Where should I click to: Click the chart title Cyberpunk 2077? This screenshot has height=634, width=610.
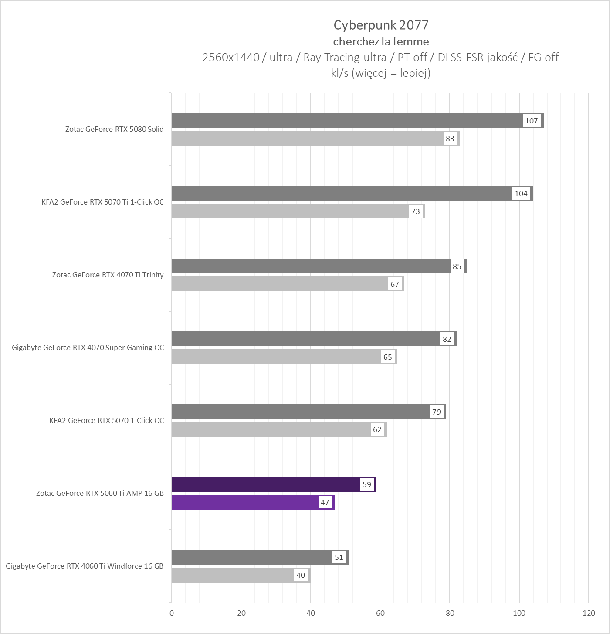pos(381,25)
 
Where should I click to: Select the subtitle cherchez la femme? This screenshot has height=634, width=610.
pos(381,41)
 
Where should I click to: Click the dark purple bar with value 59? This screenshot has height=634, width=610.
pos(266,484)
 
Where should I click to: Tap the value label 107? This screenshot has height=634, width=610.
pos(532,121)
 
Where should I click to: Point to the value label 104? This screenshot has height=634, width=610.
pos(521,194)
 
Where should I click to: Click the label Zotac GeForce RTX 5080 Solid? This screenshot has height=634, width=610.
pos(114,129)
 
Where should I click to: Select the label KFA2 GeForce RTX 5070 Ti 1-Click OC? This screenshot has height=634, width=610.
pos(102,202)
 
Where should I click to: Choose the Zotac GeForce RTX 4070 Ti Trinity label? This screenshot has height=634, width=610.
pos(108,275)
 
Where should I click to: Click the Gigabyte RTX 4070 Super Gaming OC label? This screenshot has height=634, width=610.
pos(88,348)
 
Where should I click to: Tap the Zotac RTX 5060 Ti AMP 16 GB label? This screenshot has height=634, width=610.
pos(100,493)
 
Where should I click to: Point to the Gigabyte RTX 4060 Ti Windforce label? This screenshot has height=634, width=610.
pos(85,566)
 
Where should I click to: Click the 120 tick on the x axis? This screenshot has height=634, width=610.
pos(589,613)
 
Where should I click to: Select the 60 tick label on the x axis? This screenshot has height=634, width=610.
pos(380,613)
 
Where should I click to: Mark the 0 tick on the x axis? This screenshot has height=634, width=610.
pos(172,613)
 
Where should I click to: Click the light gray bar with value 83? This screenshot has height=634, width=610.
pos(305,139)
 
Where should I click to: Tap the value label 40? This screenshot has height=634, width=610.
pos(301,575)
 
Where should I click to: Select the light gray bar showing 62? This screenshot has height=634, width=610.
pos(270,429)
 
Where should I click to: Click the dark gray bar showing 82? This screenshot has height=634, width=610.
pos(305,339)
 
